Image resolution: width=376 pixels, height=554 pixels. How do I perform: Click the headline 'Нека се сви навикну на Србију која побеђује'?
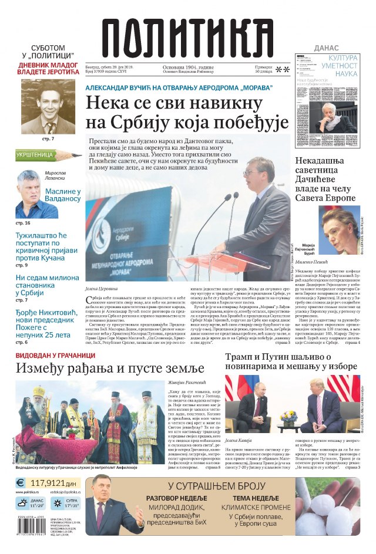187,113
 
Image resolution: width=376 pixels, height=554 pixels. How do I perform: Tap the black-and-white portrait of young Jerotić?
49,107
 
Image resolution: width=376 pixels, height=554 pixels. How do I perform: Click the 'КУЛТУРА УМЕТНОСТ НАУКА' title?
343,66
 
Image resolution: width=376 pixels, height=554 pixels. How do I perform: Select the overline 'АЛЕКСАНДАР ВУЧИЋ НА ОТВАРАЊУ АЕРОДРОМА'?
179,87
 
